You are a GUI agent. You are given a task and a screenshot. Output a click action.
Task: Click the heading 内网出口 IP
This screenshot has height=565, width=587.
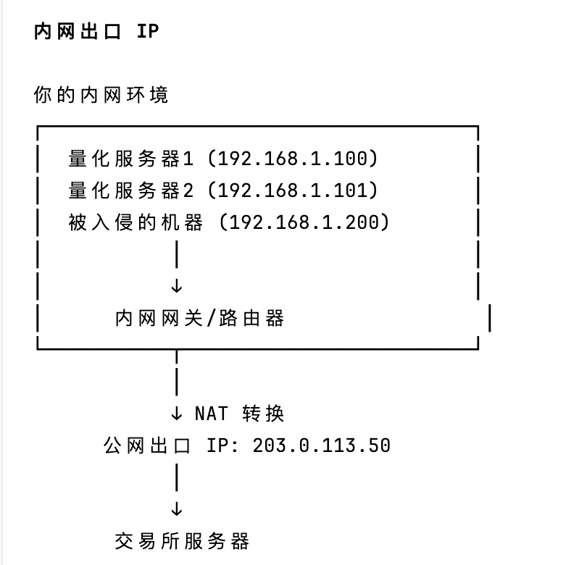click(96, 33)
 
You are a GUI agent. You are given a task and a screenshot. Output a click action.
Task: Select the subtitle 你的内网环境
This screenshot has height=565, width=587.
click(101, 95)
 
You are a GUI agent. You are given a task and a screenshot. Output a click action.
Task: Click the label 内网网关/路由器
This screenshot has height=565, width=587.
click(199, 318)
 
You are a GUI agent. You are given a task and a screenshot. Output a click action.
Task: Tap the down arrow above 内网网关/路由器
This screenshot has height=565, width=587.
click(176, 286)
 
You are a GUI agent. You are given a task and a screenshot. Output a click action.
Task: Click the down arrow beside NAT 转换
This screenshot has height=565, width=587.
click(176, 414)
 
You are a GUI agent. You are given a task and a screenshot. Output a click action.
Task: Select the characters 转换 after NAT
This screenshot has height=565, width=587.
click(265, 414)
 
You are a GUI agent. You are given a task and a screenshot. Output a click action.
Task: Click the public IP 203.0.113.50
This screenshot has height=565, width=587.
click(322, 445)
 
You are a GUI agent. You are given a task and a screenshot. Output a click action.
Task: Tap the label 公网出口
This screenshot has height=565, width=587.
click(147, 445)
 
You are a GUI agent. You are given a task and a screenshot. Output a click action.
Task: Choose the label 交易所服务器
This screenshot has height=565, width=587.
click(182, 540)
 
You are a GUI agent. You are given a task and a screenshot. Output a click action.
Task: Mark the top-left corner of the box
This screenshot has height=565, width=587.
click(38, 127)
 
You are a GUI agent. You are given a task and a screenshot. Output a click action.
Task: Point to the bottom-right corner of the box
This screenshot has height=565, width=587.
click(478, 348)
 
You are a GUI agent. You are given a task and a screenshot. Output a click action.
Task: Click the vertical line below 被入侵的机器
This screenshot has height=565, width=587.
click(176, 254)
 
